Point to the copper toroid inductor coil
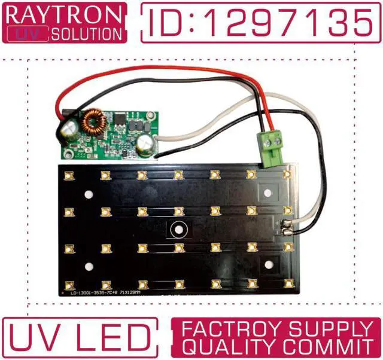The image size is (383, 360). pos(93,120)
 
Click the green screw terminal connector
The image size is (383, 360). pos(273,150)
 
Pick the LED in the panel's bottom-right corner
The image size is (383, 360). pos(288,282)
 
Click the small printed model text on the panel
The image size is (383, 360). pos(111,293)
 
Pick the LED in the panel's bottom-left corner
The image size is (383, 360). pos(69,283)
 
